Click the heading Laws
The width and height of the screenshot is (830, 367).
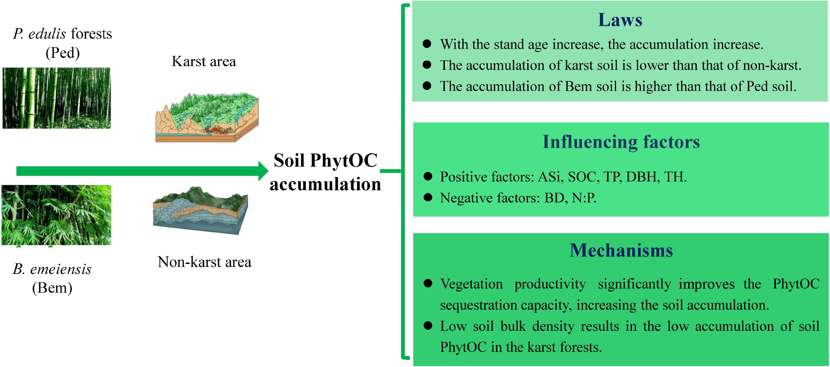(620, 20)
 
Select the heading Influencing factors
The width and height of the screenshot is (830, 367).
(621, 142)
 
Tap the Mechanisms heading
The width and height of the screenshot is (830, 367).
(621, 250)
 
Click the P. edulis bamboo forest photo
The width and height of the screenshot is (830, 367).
(57, 98)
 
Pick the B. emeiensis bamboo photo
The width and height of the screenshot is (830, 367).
(57, 215)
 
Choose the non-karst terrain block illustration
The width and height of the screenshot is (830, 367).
(201, 211)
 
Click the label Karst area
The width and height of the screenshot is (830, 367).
(204, 61)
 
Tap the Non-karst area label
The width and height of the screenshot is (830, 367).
(204, 262)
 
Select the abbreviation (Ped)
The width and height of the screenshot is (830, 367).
(62, 53)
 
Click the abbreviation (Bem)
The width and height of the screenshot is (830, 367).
(52, 288)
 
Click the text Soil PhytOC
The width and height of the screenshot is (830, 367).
(326, 161)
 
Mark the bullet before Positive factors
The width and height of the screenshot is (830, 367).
(428, 176)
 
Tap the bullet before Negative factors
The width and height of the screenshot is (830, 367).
(428, 197)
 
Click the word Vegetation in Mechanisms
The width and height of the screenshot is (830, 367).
(471, 284)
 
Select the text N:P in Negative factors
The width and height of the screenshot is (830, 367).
(584, 198)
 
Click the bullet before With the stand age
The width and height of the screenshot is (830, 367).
(427, 44)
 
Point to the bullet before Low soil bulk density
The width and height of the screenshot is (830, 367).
(428, 326)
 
